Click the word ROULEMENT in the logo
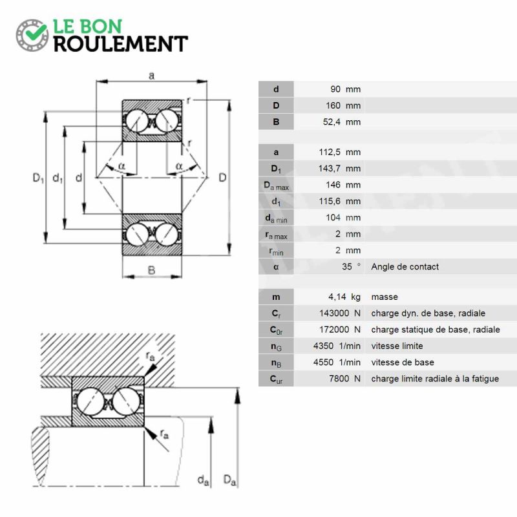(121, 44)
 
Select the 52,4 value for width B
(332, 122)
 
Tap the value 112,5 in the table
(330, 153)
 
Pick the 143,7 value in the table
(330, 169)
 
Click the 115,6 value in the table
(330, 201)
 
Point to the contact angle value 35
(346, 266)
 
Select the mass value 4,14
(337, 297)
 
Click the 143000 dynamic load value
(334, 313)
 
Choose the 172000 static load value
(334, 330)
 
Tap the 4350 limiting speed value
(323, 346)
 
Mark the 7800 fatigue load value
(339, 379)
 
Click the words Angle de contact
(405, 267)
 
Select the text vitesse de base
(403, 363)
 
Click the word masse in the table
(385, 297)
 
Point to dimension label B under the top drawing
(151, 270)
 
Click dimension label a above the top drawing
(151, 76)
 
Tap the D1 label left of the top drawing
(38, 178)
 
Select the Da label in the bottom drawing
(229, 480)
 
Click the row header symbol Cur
(276, 379)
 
